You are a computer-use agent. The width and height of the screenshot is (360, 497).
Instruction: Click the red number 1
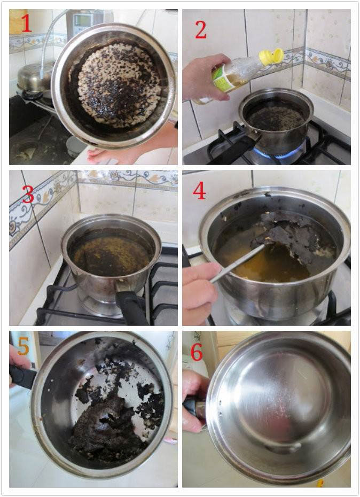pyautogui.click(x=27, y=23)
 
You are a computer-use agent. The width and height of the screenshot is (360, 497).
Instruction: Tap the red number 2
pyautogui.click(x=201, y=30)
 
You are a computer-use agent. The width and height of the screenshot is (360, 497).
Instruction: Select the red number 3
pyautogui.click(x=28, y=194)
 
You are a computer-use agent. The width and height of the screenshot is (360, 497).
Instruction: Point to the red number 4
pyautogui.click(x=200, y=191)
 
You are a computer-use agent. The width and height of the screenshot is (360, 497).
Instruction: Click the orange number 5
pyautogui.click(x=23, y=346)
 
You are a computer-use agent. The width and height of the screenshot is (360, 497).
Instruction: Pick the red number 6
pyautogui.click(x=197, y=352)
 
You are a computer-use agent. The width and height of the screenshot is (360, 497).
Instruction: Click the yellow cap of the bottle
pyautogui.click(x=271, y=57)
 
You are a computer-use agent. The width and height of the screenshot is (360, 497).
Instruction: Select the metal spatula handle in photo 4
pyautogui.click(x=237, y=263)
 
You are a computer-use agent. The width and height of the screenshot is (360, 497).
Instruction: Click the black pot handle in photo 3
pyautogui.click(x=130, y=307)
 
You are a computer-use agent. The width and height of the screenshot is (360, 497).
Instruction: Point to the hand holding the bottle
pyautogui.click(x=206, y=77)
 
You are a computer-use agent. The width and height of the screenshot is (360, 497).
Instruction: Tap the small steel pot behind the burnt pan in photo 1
pyautogui.click(x=34, y=78)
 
